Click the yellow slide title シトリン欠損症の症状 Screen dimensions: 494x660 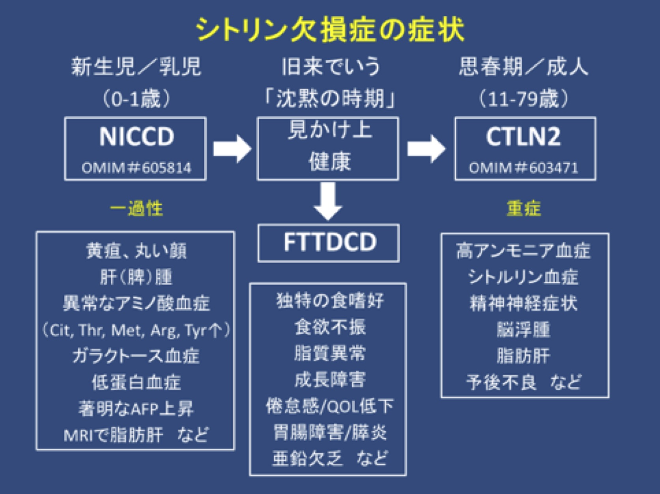tap(330, 29)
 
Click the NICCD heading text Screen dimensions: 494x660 tap(136, 137)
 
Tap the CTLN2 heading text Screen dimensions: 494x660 tap(523, 137)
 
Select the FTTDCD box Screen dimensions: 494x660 tap(329, 242)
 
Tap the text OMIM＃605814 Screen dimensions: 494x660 tap(136, 168)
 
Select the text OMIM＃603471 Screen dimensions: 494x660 tap(524, 168)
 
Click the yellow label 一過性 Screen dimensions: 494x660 tap(136, 208)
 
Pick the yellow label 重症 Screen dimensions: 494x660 tap(524, 208)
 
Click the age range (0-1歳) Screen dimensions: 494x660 tap(136, 99)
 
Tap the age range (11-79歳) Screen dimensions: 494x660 tap(524, 99)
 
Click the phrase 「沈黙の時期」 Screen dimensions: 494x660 tap(330, 99)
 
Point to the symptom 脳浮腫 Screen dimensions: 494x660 tap(524, 330)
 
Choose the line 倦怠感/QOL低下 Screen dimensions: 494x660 tap(330, 406)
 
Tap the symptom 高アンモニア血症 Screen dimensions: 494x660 tap(524, 251)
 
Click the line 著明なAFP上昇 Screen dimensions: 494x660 tap(136, 409)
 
